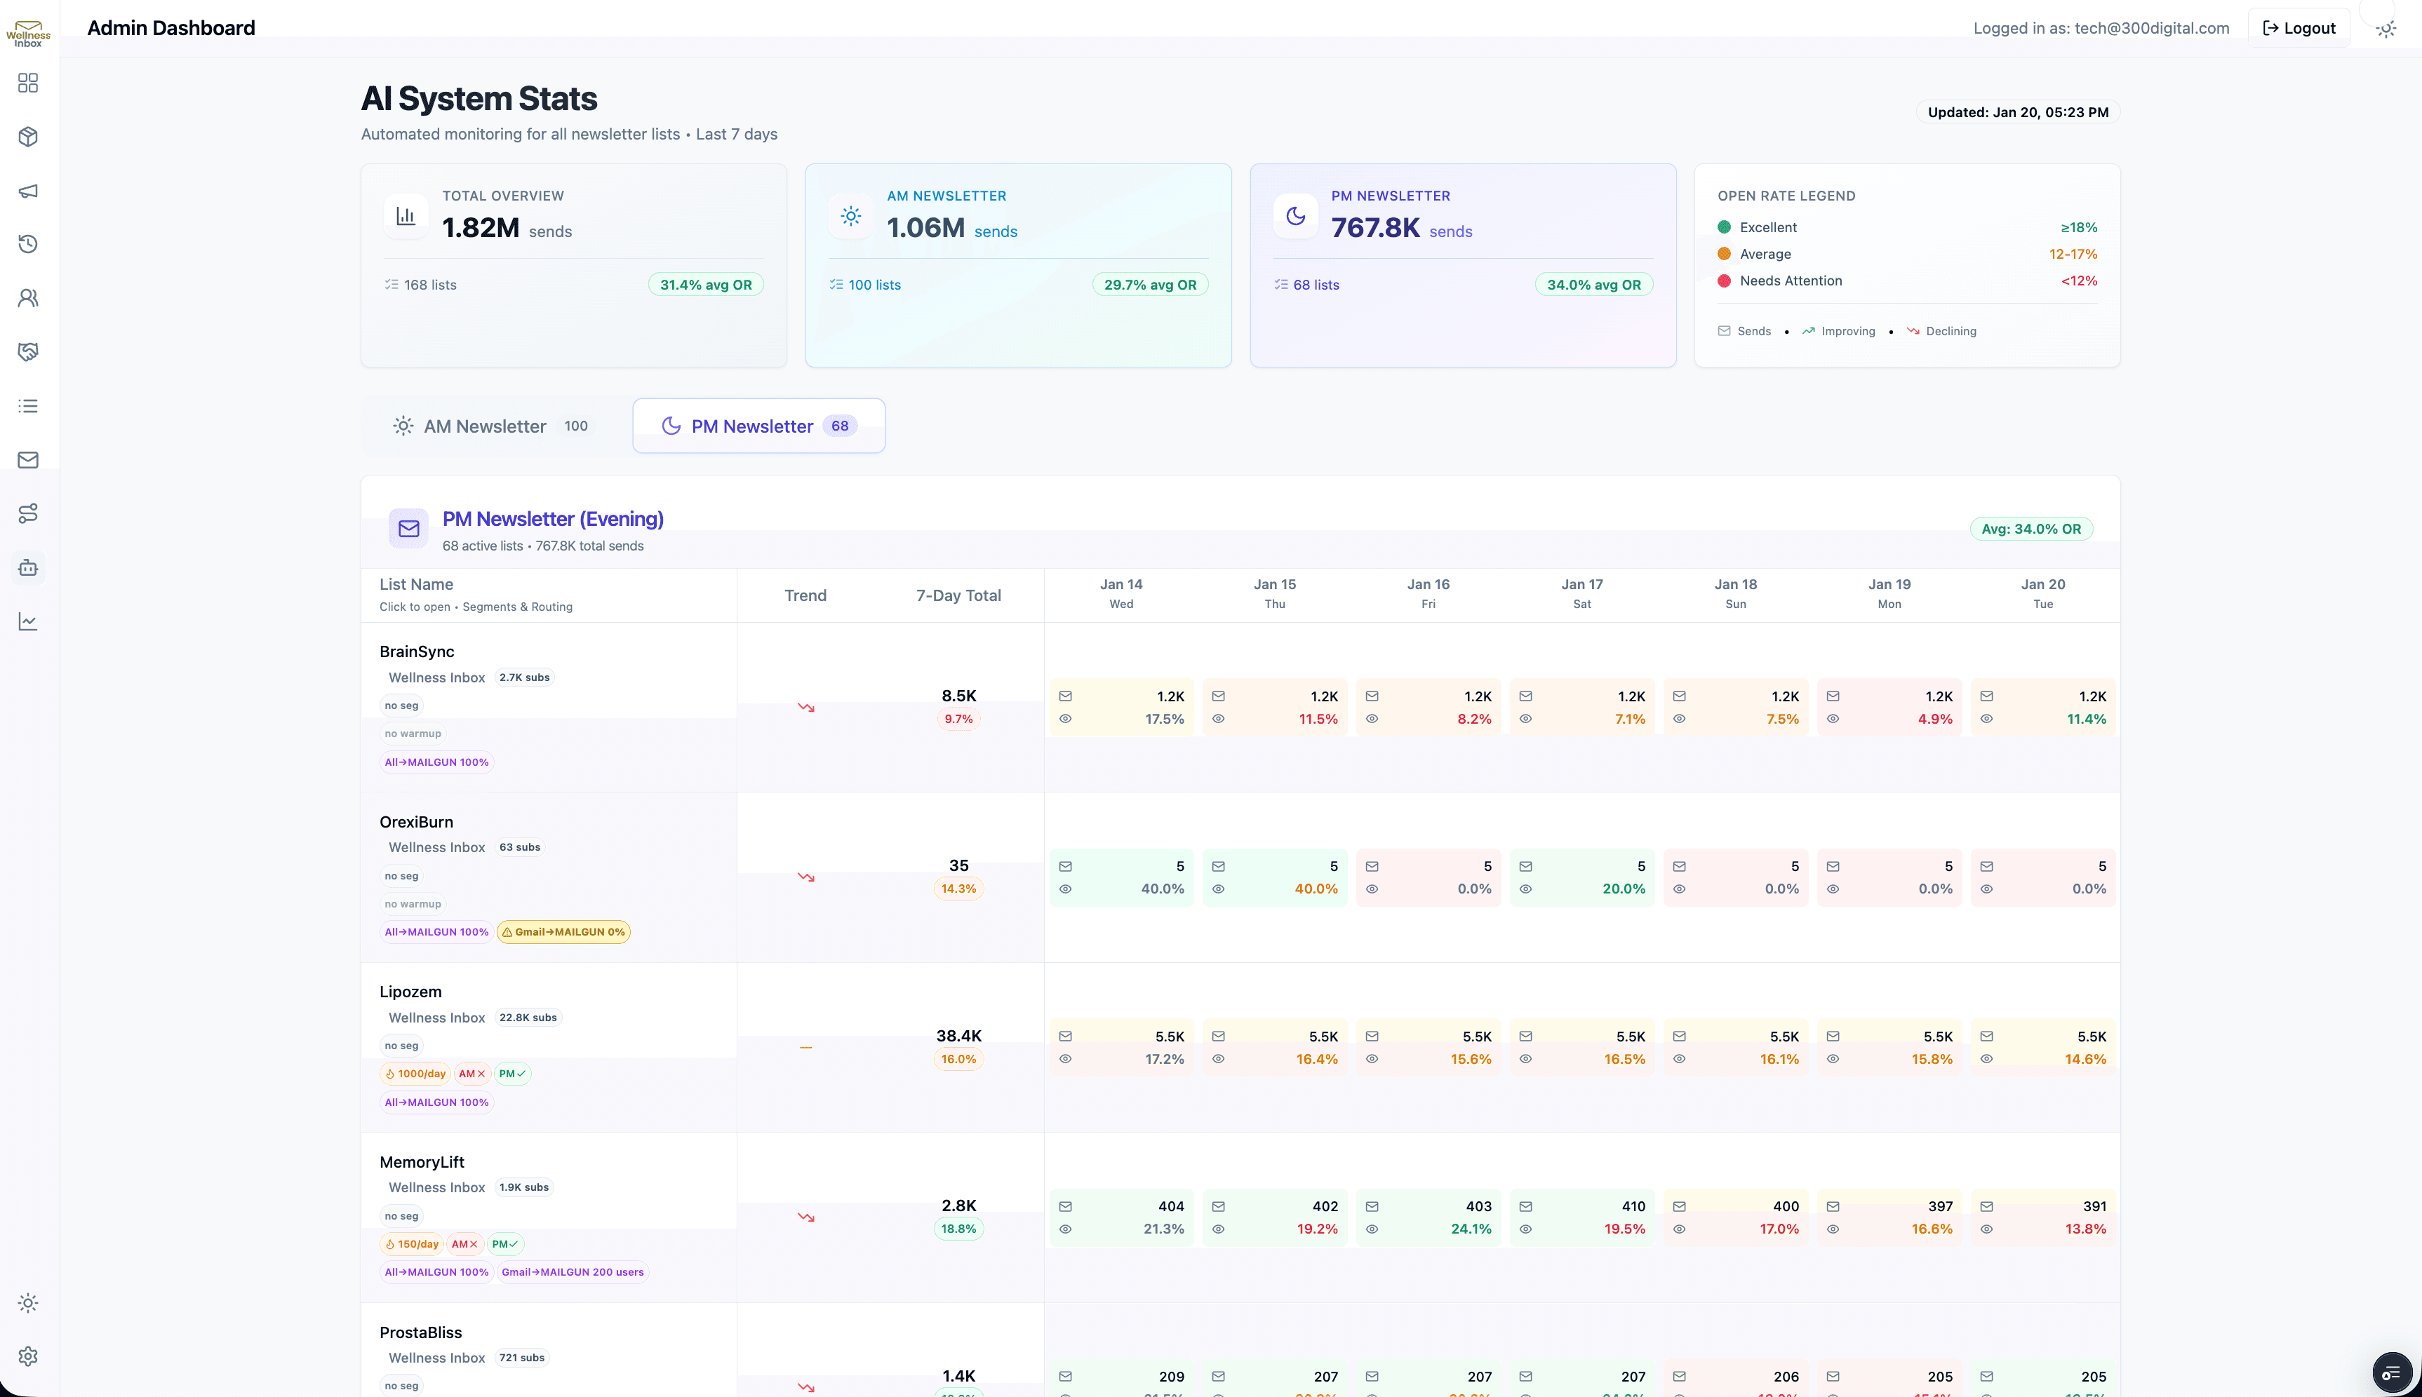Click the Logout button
(2299, 28)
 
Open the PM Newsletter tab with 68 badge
(758, 426)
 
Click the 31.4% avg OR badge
(705, 285)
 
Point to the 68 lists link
(1315, 285)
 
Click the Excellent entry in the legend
(1767, 227)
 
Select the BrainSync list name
(417, 652)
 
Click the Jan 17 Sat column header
(1581, 593)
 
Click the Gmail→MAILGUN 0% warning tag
(563, 931)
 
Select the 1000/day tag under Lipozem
(417, 1074)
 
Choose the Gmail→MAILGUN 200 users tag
(572, 1272)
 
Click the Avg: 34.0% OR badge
(2030, 529)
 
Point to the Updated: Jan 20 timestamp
(2017, 112)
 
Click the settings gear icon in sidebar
(28, 1356)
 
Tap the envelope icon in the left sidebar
(28, 459)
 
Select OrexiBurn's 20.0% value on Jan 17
(1623, 889)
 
